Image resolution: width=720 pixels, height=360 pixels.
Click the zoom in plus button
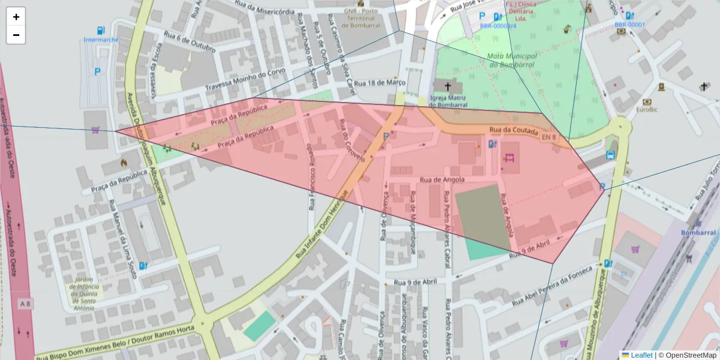[16, 17]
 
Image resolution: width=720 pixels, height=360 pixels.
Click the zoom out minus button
[16, 35]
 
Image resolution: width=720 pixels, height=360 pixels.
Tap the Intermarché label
[101, 40]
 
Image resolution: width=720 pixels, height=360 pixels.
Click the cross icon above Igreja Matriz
[448, 86]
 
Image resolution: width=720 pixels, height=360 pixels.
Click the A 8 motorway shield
[25, 304]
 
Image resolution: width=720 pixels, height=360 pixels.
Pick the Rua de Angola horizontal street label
[443, 179]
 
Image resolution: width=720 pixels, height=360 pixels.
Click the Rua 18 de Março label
[380, 83]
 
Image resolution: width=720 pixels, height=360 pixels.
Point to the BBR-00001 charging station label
[629, 25]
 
